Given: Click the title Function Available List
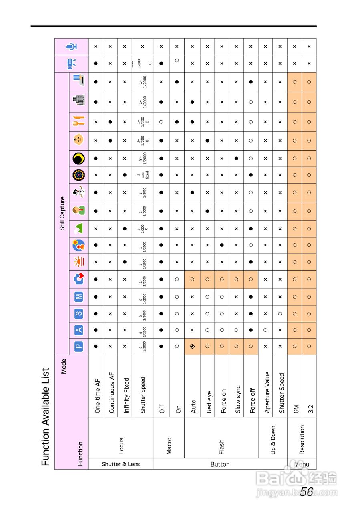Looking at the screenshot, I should click(x=46, y=417).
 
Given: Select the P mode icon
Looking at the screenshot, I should click(x=78, y=347).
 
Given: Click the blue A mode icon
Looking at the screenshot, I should click(x=78, y=330).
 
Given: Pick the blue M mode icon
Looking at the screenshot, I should click(x=78, y=297).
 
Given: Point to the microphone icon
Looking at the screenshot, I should click(x=72, y=47).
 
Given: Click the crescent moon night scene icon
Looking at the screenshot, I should click(x=78, y=159).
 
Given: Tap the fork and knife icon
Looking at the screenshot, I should click(x=78, y=121).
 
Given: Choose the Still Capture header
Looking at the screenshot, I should click(x=62, y=213).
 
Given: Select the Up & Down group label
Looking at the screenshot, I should click(x=273, y=440).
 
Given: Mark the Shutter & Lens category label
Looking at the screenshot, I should click(x=121, y=464).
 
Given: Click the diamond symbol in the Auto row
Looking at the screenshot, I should click(x=192, y=347).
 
